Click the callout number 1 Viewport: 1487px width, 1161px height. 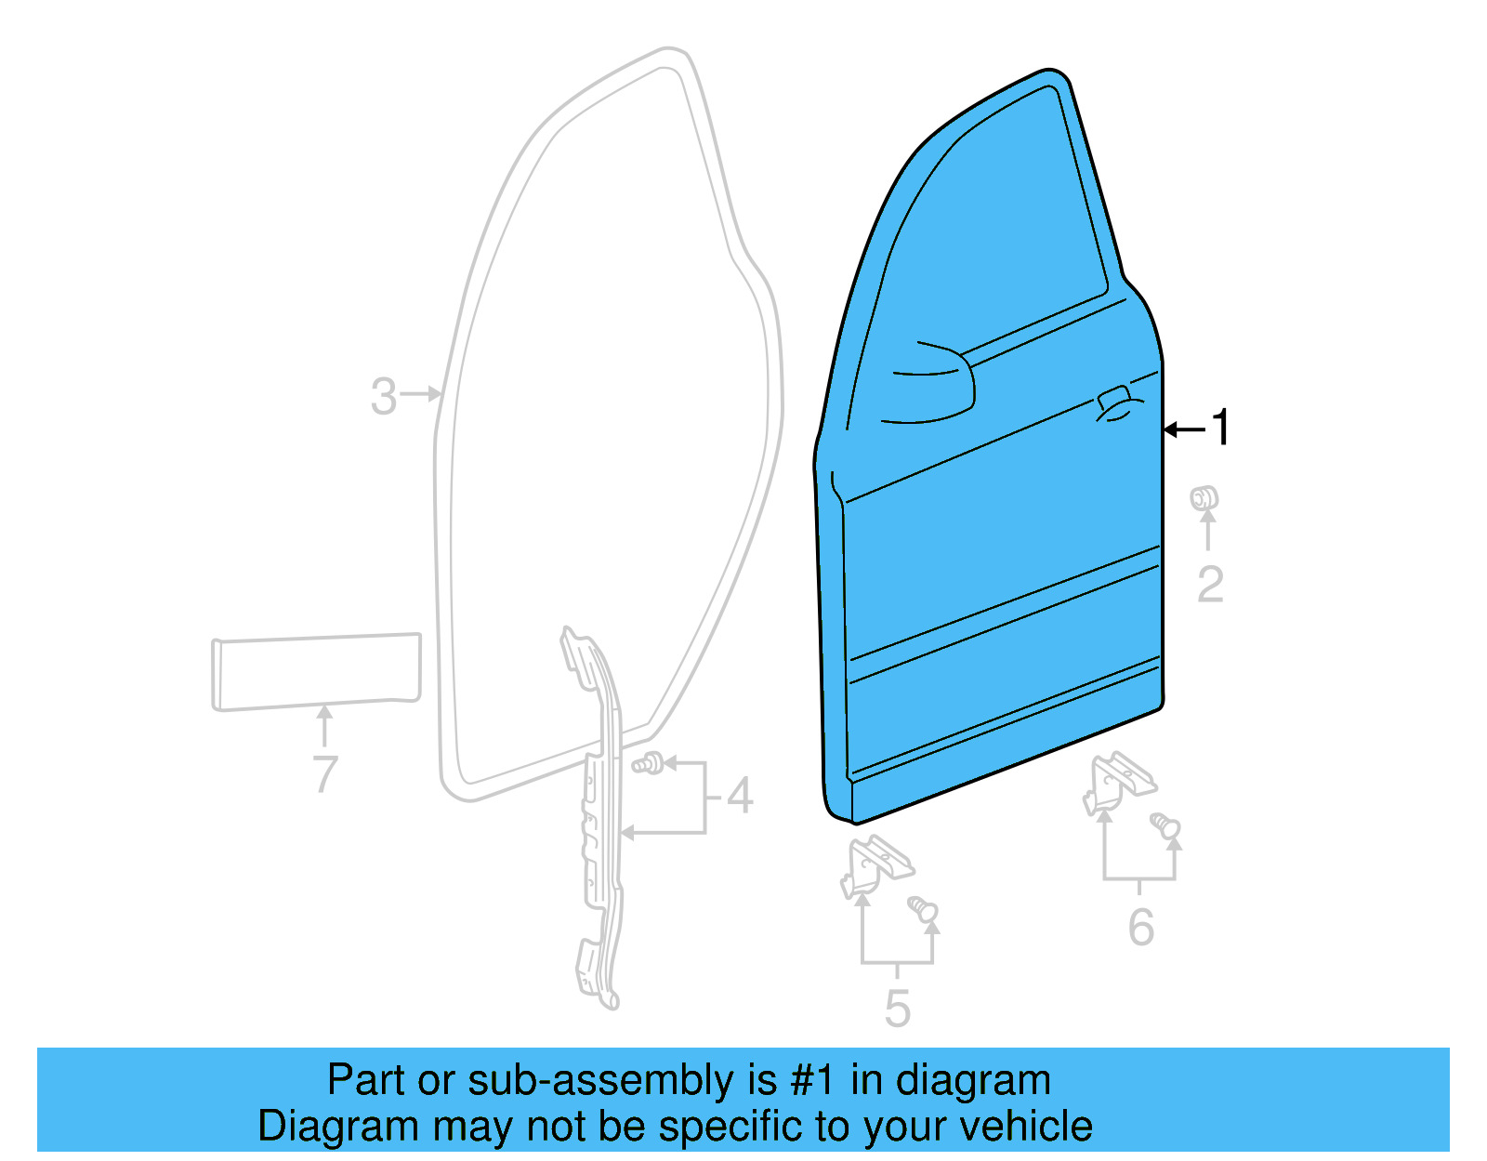pyautogui.click(x=1220, y=428)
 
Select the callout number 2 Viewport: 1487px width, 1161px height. pyautogui.click(x=1209, y=585)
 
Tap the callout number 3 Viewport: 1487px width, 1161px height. pyautogui.click(x=384, y=396)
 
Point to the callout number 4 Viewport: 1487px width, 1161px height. pyautogui.click(x=740, y=797)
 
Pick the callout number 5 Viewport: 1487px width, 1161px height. pyautogui.click(x=897, y=1009)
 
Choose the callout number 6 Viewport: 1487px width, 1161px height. pyautogui.click(x=1141, y=927)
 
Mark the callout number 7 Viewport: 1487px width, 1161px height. pyautogui.click(x=325, y=773)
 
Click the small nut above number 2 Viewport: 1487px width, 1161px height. pyautogui.click(x=1204, y=498)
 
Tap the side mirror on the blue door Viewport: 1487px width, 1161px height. pyautogui.click(x=929, y=385)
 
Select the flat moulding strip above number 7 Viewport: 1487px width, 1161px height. pyautogui.click(x=316, y=671)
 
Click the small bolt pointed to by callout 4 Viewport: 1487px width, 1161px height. pyautogui.click(x=649, y=764)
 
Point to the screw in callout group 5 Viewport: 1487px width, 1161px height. pyautogui.click(x=924, y=908)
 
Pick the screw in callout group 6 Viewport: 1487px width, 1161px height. pyautogui.click(x=1165, y=825)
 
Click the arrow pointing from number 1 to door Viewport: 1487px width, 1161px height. pyautogui.click(x=1185, y=429)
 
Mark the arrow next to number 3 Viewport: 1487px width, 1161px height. pyautogui.click(x=423, y=394)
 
